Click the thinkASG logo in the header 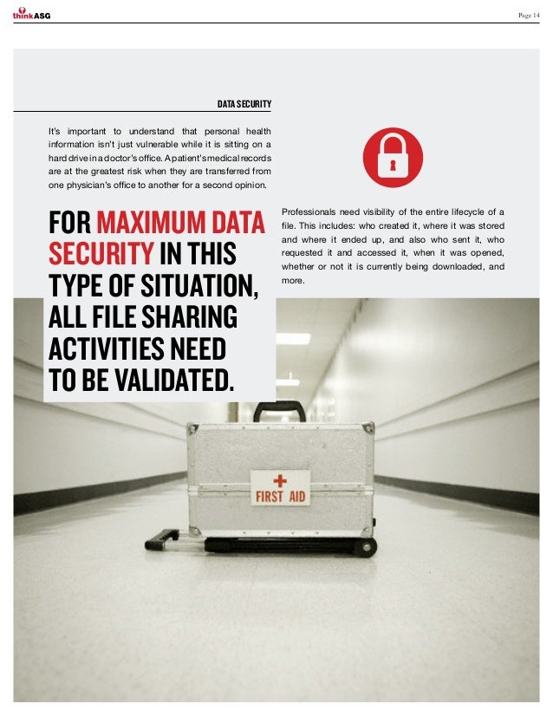(x=31, y=12)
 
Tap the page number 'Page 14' (x=528, y=13)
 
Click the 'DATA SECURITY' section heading (x=244, y=106)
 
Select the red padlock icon (x=394, y=157)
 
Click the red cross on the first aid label (x=280, y=480)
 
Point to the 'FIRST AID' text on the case (x=279, y=498)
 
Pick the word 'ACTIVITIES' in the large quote (x=108, y=348)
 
